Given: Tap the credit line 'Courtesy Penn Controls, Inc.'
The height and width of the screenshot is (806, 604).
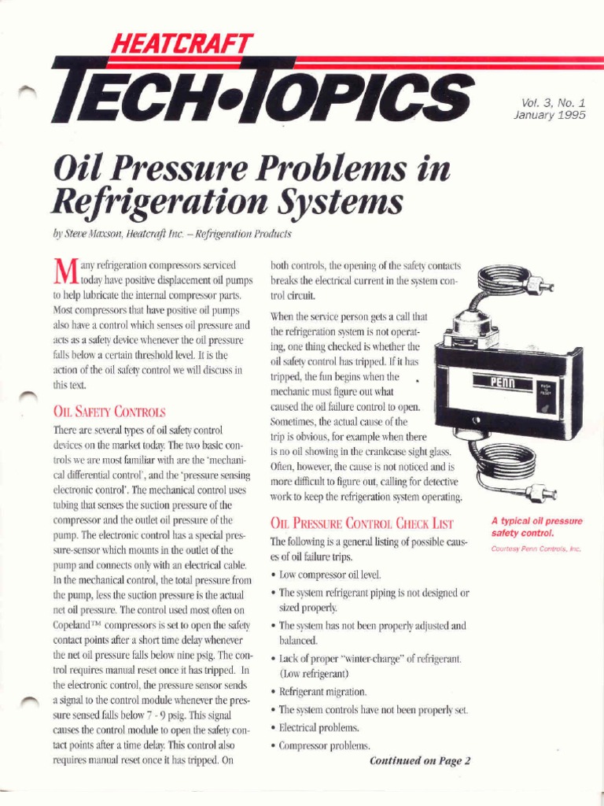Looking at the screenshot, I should (x=536, y=549).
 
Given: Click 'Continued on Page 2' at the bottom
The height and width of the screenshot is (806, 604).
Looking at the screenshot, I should (x=419, y=761).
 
